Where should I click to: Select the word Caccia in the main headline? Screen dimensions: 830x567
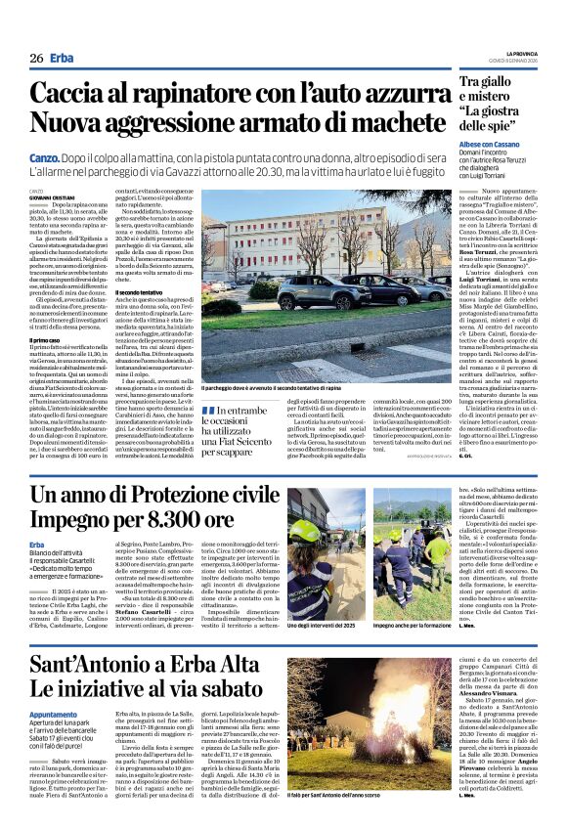pyautogui.click(x=67, y=94)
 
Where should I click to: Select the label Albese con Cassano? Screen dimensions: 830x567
pyautogui.click(x=489, y=144)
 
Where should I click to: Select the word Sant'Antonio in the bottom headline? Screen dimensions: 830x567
pyautogui.click(x=90, y=665)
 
